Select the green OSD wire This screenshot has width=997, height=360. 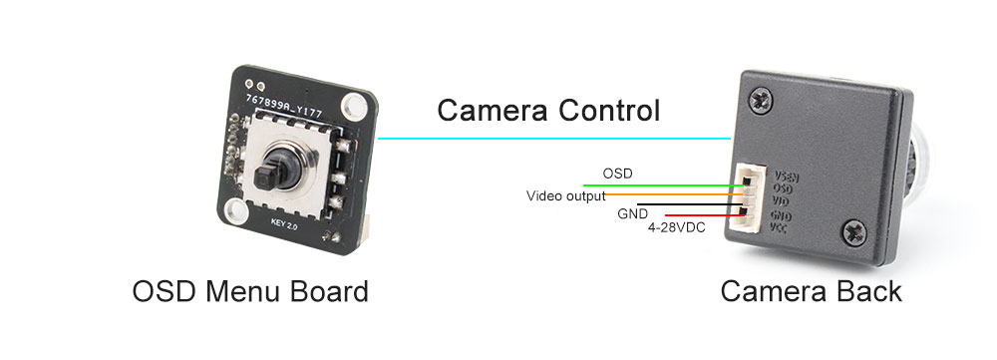658,185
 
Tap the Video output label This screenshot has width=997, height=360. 565,195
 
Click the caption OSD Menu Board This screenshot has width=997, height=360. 250,292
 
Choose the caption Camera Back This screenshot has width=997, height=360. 811,292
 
